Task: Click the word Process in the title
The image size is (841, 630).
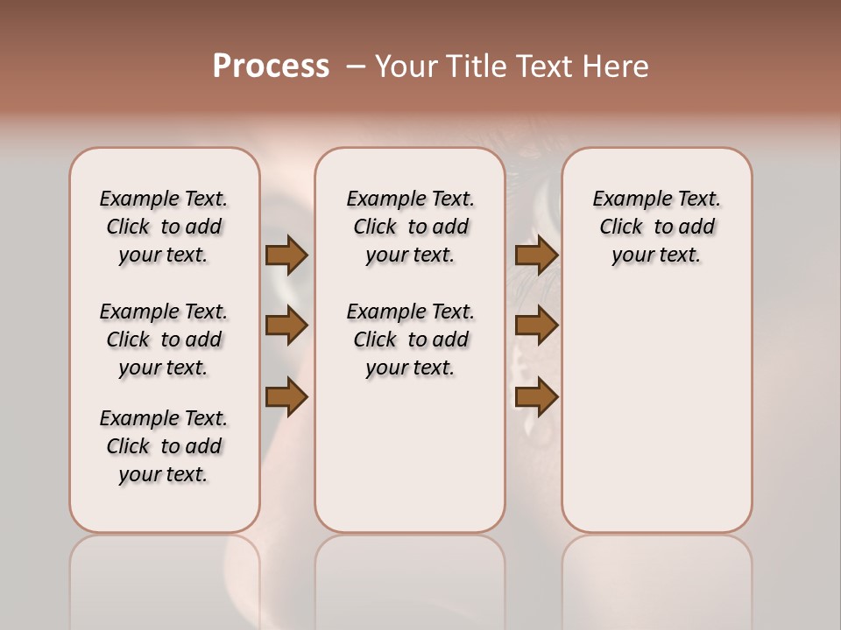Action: point(271,66)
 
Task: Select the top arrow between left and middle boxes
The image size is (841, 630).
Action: point(286,255)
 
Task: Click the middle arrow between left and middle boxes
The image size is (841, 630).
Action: point(286,326)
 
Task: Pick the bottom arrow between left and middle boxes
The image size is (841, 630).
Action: point(286,397)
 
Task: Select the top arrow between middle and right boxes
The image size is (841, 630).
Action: point(536,255)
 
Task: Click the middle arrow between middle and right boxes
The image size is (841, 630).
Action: point(536,326)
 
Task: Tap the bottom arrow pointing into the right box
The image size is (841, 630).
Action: point(536,397)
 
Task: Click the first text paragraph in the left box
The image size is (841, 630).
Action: point(164,227)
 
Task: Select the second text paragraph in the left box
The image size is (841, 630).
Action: point(164,339)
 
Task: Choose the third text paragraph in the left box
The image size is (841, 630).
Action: point(164,446)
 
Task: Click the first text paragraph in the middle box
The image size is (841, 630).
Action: point(410,227)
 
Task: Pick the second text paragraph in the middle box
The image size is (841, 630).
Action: point(410,339)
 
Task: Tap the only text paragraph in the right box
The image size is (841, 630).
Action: point(656,227)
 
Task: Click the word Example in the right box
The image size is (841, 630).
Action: point(625,199)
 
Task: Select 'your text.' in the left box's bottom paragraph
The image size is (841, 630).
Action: point(164,474)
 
